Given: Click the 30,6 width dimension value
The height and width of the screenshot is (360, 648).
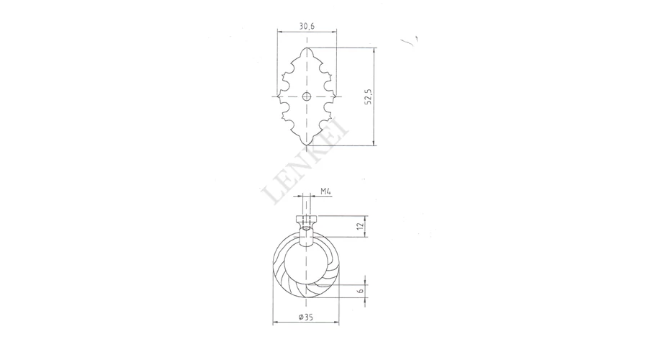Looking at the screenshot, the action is pos(307,26).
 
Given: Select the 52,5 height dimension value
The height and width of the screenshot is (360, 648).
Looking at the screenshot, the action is pos(369,96).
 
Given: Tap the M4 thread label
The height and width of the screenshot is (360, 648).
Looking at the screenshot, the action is pos(325,192).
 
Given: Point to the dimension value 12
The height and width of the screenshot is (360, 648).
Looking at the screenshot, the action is pos(361,226).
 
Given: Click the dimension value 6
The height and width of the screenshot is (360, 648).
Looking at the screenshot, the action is pos(361,291).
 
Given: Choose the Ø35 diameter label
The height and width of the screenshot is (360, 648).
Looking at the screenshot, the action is pos(306,318).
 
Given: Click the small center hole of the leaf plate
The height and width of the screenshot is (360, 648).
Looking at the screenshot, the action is pos(306,96).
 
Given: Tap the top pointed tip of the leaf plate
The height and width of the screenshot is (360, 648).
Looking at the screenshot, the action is pos(306,48).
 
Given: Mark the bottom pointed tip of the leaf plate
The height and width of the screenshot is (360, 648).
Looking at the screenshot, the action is pos(306,145).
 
